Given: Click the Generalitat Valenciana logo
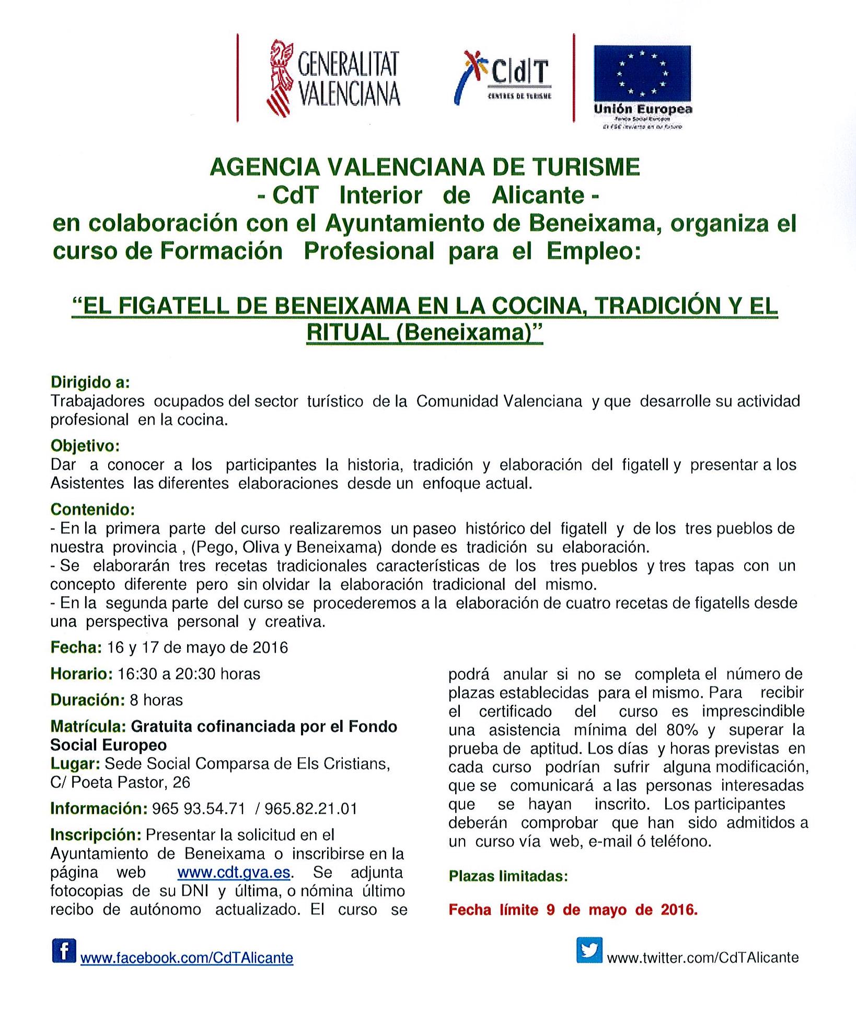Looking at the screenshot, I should click(x=333, y=78).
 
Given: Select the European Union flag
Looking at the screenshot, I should click(x=642, y=73).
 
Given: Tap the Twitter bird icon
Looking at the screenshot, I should click(x=589, y=950).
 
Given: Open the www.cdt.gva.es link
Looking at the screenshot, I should click(x=234, y=873).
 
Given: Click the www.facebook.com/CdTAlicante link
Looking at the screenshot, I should click(x=187, y=958).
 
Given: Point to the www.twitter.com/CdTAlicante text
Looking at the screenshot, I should click(x=702, y=957).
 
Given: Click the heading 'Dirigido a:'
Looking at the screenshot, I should click(x=90, y=382).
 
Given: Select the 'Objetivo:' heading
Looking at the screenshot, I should click(x=85, y=446).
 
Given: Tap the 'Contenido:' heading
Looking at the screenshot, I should click(x=92, y=509).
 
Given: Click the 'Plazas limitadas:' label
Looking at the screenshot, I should click(x=508, y=876).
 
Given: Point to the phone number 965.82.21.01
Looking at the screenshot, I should click(x=311, y=809).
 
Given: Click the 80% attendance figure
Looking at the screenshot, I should click(x=683, y=730).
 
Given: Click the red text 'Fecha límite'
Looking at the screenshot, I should click(x=493, y=910).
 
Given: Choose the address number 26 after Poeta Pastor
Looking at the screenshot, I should click(x=181, y=782).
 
